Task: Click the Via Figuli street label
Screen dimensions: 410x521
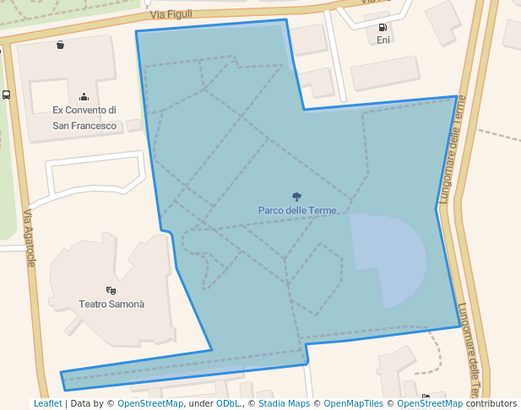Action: point(171,13)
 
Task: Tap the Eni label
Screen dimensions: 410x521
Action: point(383,40)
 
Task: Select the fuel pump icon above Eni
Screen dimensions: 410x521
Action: point(383,27)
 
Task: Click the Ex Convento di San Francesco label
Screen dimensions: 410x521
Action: point(84,118)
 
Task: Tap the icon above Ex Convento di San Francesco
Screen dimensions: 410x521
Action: point(84,96)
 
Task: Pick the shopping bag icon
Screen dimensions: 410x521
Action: point(60,45)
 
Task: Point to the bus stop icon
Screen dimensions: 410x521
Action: point(6,95)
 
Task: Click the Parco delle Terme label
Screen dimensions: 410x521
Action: point(297,210)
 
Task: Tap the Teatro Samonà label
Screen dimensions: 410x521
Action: point(111,304)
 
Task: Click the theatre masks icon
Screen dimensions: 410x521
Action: point(111,290)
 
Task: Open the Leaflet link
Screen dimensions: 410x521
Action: point(47,403)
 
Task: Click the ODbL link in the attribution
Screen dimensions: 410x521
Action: point(227,403)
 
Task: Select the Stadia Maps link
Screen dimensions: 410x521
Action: point(284,403)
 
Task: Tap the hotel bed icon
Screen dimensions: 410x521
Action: point(426,397)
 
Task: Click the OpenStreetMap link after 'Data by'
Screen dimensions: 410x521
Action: point(150,403)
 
